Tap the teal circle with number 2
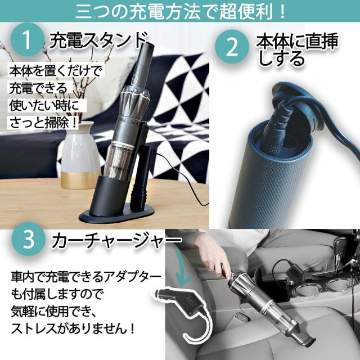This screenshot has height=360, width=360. pyautogui.click(x=232, y=47)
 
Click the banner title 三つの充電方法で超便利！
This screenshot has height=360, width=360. pyautogui.click(x=179, y=10)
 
